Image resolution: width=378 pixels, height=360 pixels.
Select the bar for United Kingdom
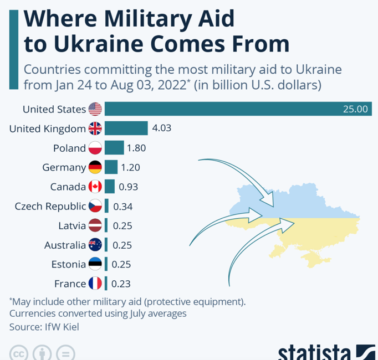126,128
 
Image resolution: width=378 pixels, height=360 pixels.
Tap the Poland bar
114,148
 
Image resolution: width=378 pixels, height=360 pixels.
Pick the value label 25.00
355,109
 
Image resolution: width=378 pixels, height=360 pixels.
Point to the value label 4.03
161,128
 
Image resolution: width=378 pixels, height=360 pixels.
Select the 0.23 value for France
121,284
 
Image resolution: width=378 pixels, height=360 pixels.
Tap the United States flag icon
95,109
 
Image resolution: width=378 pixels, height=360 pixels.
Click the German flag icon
95,167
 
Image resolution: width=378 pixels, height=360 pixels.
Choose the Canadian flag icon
95,187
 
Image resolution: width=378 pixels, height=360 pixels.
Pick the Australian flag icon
95,245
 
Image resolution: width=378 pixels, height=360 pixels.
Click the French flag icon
95,284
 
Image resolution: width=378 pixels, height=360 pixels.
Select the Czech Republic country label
50,206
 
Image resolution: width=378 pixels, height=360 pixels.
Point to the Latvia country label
71,225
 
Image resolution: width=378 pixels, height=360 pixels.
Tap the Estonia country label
68,264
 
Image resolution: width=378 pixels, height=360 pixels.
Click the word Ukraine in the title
95,44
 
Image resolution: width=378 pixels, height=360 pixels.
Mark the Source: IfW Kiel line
44,327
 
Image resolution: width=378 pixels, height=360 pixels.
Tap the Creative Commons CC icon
19,353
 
